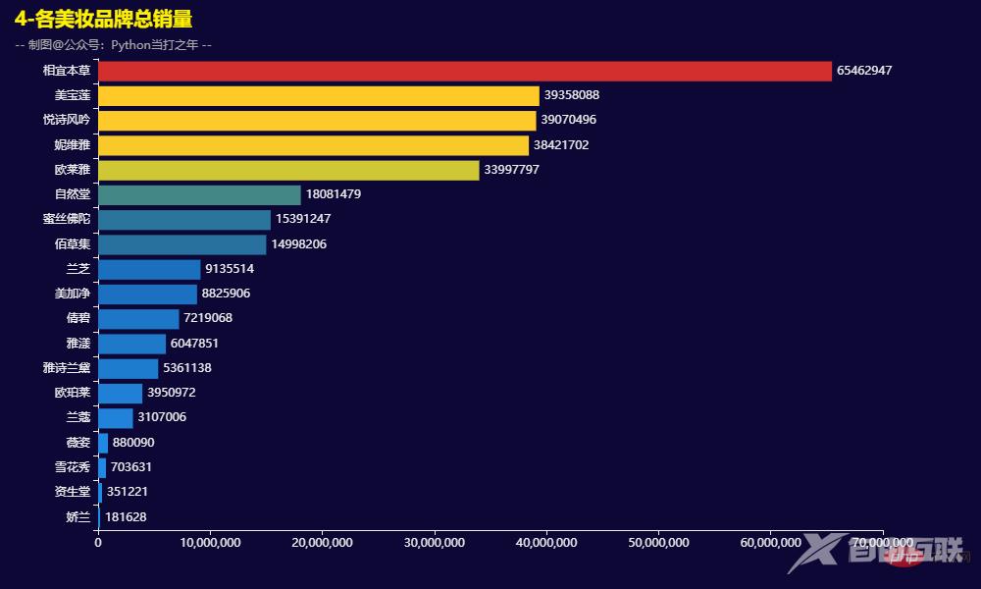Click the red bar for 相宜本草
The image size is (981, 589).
click(x=464, y=71)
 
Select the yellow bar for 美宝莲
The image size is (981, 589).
click(x=319, y=95)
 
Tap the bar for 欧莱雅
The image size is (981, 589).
click(x=288, y=170)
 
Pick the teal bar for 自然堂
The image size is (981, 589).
click(x=199, y=194)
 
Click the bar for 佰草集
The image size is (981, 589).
click(x=181, y=244)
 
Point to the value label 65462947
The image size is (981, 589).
click(x=864, y=71)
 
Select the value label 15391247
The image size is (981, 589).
click(x=303, y=219)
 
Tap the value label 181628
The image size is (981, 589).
click(x=126, y=516)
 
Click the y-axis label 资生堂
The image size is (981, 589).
click(x=73, y=492)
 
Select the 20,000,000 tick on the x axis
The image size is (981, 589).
click(x=322, y=543)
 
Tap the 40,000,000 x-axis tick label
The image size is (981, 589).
click(x=546, y=543)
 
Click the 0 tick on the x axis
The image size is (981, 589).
click(x=98, y=543)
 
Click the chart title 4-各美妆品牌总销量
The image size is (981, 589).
click(x=103, y=20)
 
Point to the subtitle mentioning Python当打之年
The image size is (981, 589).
click(x=113, y=44)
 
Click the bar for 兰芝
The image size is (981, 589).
click(x=149, y=269)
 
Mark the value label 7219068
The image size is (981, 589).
click(x=208, y=318)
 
